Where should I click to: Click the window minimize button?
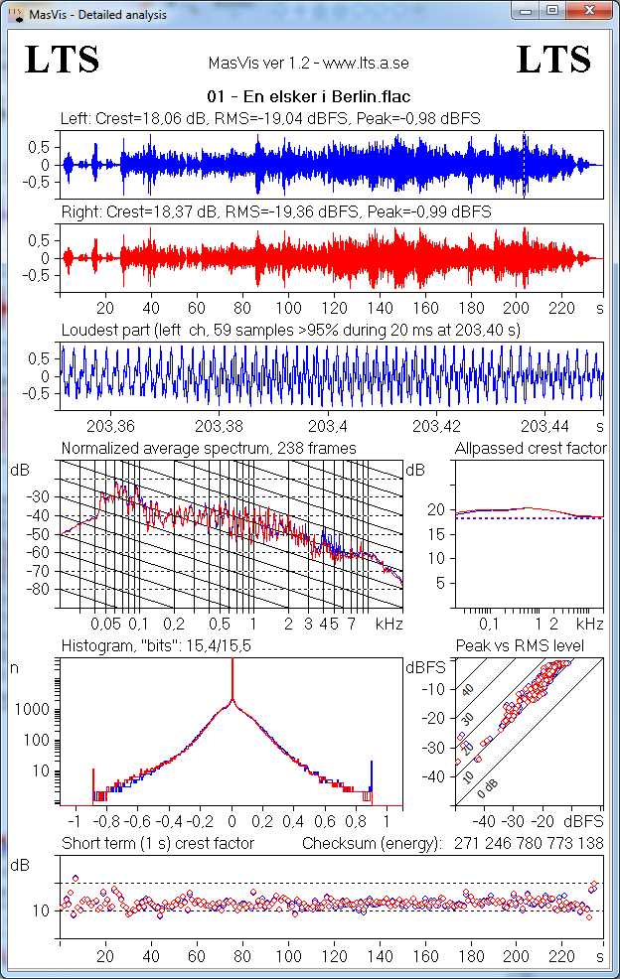point(525,10)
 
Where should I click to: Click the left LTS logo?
point(62,61)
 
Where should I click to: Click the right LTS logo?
point(554,61)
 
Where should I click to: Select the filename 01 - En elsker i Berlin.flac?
point(309,97)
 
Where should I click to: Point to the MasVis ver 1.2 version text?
point(309,63)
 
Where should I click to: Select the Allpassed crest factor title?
point(530,449)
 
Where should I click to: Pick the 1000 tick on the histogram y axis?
point(35,711)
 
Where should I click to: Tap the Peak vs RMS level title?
point(533,645)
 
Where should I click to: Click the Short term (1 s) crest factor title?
point(158,844)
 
